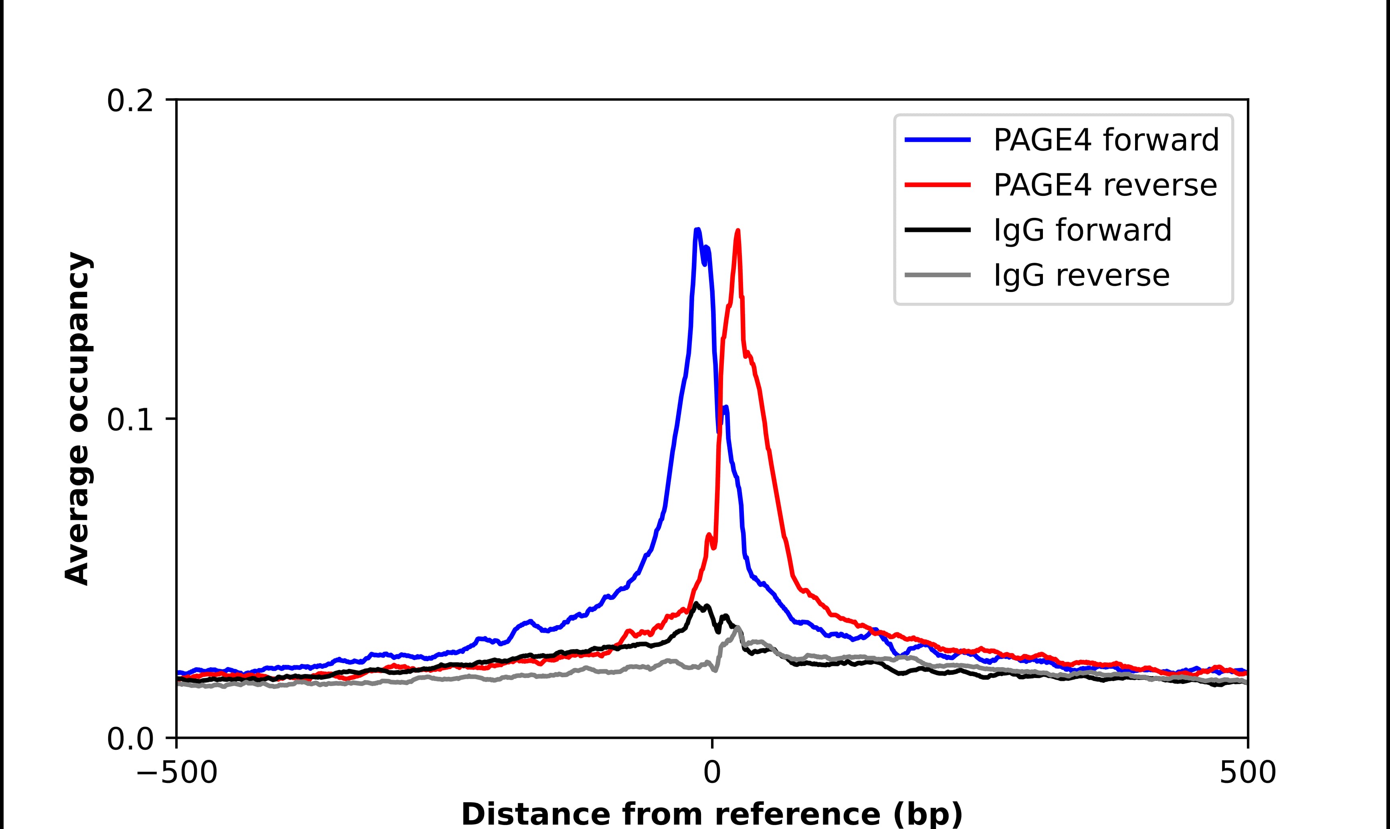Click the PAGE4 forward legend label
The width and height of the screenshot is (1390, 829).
tap(1105, 140)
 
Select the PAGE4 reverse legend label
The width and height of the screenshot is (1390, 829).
tap(1104, 185)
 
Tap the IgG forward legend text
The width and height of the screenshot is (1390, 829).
tap(1082, 230)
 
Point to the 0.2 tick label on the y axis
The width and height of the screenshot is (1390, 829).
tap(130, 101)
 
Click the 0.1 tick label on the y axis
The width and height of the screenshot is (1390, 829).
tap(130, 420)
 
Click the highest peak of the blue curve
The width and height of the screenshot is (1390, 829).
tap(697, 229)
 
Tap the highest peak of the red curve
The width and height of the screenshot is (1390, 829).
tap(738, 230)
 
